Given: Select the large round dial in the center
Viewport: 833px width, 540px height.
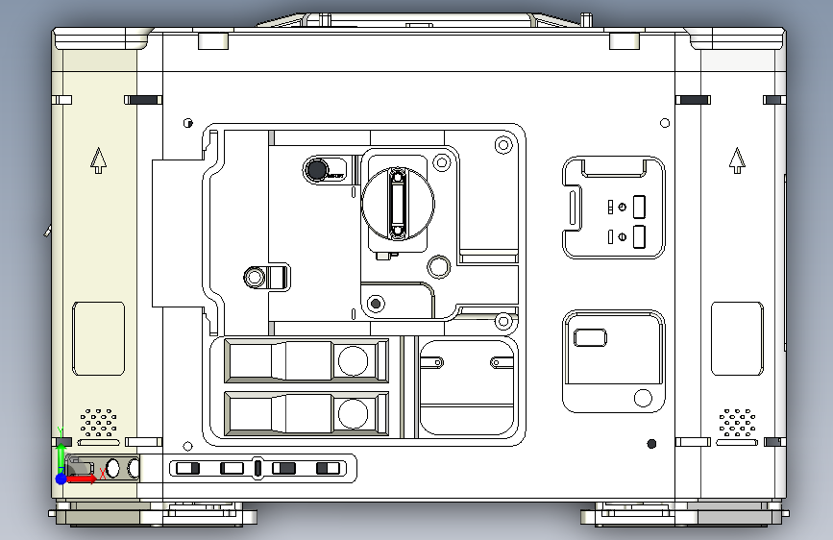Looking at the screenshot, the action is tap(397, 202).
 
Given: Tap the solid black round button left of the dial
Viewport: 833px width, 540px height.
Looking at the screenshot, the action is tap(314, 171).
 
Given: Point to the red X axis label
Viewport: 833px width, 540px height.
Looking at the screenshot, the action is tap(103, 474).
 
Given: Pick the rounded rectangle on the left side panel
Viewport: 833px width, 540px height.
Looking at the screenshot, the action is tap(99, 338).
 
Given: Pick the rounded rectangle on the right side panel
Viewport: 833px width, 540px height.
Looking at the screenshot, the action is tap(737, 338).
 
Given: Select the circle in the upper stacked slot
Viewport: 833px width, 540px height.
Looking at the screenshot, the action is tap(353, 361).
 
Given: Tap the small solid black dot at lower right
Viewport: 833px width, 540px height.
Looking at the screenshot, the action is tap(652, 443).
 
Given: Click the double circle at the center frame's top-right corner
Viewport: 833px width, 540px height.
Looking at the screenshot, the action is tap(502, 145).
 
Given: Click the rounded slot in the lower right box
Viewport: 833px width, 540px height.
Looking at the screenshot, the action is tap(589, 336).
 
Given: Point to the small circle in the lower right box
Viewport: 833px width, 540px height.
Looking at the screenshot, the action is tap(642, 398).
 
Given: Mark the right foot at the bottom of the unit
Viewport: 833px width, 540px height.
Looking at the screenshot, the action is tap(684, 515).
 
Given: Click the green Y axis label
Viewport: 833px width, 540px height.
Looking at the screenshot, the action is tap(61, 431).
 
